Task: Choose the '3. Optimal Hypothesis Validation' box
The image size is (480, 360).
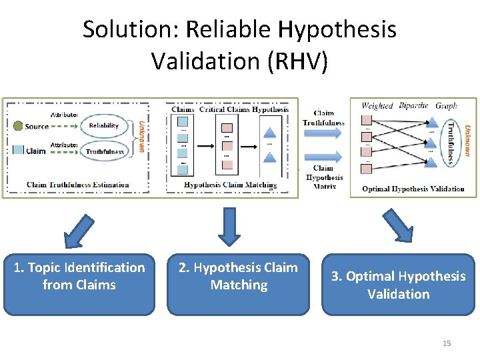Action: pos(398,285)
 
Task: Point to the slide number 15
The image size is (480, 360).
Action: pos(447,343)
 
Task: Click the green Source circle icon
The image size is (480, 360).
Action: pos(17,125)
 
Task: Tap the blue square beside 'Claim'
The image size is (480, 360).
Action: pos(18,150)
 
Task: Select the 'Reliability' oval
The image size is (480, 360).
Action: pos(103,125)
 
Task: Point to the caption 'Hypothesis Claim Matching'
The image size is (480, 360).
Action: pos(230,185)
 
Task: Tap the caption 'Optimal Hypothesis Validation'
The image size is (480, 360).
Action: pos(413,189)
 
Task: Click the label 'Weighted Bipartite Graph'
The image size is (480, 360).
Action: pos(409,105)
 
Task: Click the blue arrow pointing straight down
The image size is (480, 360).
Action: pos(229,227)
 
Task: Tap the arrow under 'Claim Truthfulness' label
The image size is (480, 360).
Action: pos(324,134)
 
